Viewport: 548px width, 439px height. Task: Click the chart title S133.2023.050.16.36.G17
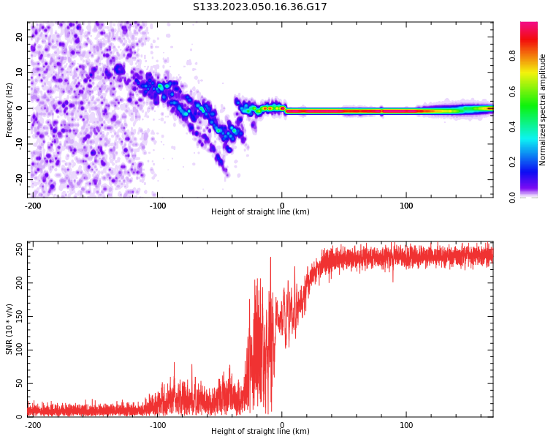(x=259, y=7)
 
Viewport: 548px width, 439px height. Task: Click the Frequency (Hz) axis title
(x=9, y=110)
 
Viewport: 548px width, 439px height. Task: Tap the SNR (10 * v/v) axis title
(x=9, y=329)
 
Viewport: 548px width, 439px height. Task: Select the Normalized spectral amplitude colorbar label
(x=543, y=110)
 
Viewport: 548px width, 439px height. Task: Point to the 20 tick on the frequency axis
(x=20, y=37)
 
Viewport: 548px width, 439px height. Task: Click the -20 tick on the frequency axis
(x=19, y=179)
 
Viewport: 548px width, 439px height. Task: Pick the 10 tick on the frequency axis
(x=20, y=72)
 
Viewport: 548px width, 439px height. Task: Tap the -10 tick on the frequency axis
(x=19, y=143)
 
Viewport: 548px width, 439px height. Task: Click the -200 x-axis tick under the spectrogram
(x=32, y=206)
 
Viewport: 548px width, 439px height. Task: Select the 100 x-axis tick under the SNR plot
(x=406, y=425)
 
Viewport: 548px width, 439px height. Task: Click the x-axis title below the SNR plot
(x=260, y=432)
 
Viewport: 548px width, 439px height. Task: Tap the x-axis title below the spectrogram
(x=260, y=212)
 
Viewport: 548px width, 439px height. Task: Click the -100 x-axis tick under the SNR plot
(x=157, y=425)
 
